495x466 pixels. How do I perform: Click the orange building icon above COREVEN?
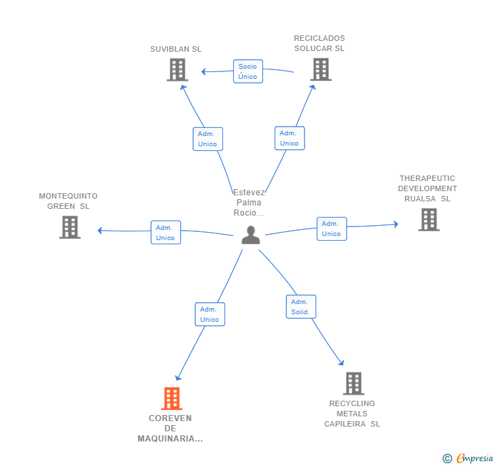(172, 399)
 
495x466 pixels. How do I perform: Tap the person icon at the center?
(251, 235)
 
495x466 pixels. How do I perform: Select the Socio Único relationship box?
(247, 71)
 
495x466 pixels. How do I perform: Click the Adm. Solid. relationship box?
(301, 307)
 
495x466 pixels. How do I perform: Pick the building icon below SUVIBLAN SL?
(177, 70)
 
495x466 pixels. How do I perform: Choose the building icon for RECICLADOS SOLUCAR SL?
(321, 69)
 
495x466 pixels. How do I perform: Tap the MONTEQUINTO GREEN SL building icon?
(70, 227)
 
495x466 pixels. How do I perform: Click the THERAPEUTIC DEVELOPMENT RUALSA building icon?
(429, 220)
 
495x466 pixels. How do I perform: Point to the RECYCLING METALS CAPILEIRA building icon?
(354, 384)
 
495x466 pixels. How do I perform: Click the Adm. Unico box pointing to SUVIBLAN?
(208, 139)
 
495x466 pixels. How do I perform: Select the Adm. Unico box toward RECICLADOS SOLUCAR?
(290, 138)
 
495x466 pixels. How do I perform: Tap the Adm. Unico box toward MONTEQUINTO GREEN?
(166, 233)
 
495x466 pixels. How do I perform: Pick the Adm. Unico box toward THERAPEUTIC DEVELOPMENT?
(332, 229)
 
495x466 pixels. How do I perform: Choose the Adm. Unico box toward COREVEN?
(210, 314)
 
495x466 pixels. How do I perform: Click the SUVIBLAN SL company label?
(175, 49)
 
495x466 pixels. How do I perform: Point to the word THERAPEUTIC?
(427, 178)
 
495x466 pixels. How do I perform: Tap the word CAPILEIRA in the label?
(345, 424)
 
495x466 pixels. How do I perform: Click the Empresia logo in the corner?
(468, 458)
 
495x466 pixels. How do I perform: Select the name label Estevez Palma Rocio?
(249, 203)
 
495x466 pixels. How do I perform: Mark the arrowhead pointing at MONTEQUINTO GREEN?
(99, 231)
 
